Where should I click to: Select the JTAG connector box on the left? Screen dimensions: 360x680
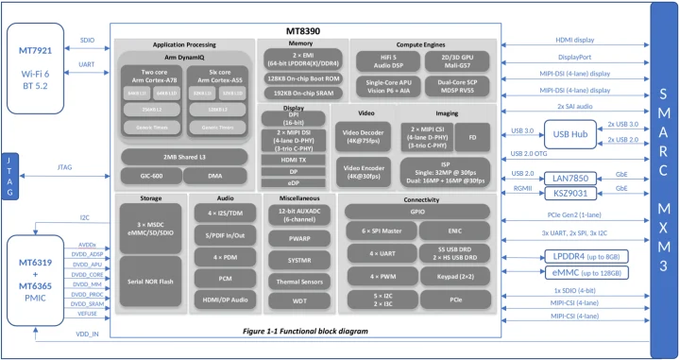tap(9, 175)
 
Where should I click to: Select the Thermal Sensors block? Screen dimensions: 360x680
tap(295, 282)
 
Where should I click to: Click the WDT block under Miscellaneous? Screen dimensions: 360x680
tap(295, 300)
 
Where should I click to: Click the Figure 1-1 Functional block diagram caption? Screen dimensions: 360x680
tap(304, 333)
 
